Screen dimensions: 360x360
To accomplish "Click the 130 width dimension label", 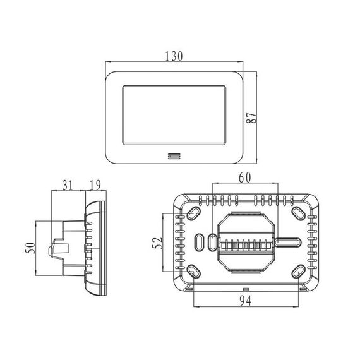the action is point(174,56).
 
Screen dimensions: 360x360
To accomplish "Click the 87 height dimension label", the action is point(251,117).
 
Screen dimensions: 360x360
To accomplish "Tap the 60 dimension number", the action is point(245,177).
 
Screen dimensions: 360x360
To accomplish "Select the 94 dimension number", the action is point(246,301).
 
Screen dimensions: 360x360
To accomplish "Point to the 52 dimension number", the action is point(157,243).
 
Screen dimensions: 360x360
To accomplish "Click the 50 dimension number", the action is point(30,248).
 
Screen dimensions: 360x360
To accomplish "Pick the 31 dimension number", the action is point(68,185).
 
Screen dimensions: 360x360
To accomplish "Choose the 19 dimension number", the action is point(95,185).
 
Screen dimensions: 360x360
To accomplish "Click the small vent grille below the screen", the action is point(174,156).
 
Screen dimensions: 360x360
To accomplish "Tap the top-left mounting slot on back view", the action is point(193,213).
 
